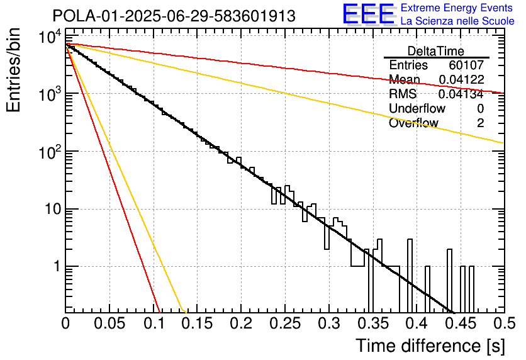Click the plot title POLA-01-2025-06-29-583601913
click(x=174, y=16)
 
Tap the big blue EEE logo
click(x=369, y=14)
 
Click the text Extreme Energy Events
click(x=457, y=8)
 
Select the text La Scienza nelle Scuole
click(x=457, y=21)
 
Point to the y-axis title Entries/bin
click(x=13, y=70)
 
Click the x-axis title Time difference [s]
click(x=430, y=346)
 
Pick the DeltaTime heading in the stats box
click(x=436, y=51)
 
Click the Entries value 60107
click(x=466, y=65)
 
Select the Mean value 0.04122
click(x=461, y=79)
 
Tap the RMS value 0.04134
click(x=461, y=94)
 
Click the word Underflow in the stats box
click(x=417, y=108)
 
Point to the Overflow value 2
click(x=480, y=123)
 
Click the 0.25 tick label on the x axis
click(x=285, y=323)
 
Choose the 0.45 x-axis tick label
click(x=461, y=323)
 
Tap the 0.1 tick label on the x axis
click(x=154, y=323)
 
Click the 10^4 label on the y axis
click(x=50, y=37)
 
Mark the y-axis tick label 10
click(x=53, y=210)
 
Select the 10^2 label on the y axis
click(x=50, y=152)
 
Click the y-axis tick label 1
click(x=57, y=267)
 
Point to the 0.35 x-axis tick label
click(x=373, y=323)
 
